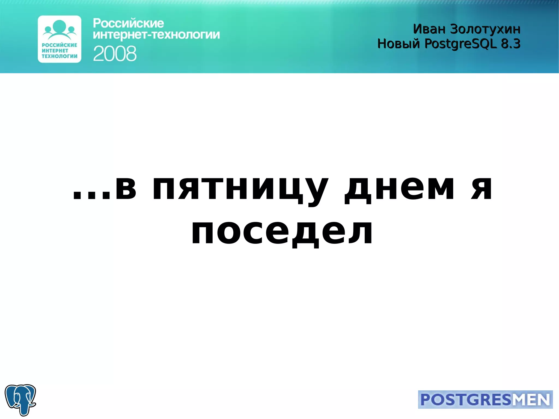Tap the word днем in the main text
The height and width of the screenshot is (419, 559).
pyautogui.click(x=399, y=188)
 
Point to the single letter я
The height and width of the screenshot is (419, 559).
pyautogui.click(x=482, y=188)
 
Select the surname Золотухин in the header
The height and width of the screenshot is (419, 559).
pyautogui.click(x=485, y=29)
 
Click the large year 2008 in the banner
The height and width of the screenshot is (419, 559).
pyautogui.click(x=115, y=54)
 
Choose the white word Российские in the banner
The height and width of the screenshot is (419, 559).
pyautogui.click(x=128, y=23)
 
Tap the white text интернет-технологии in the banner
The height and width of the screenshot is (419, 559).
pyautogui.click(x=156, y=35)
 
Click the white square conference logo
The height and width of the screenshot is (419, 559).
pyautogui.click(x=60, y=39)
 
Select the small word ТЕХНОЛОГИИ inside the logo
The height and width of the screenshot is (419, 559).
pyautogui.click(x=60, y=56)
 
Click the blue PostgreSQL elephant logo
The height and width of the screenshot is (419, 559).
pyautogui.click(x=20, y=399)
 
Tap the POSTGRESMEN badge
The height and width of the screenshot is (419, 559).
pyautogui.click(x=485, y=399)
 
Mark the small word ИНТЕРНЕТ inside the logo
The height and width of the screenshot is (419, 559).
pyautogui.click(x=55, y=50)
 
